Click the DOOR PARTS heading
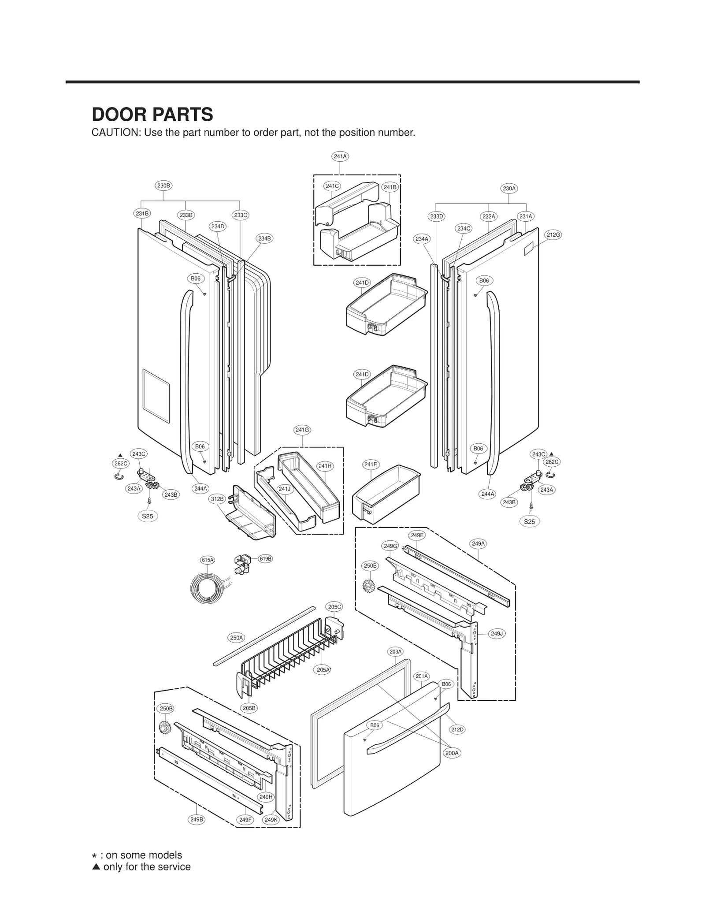152,115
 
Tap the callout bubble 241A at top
340,156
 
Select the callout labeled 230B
163,186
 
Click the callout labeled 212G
553,235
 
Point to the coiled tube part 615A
207,588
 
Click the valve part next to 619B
242,565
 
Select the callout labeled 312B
217,499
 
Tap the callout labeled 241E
371,464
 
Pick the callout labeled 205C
334,607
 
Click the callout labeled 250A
236,637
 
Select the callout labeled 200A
452,753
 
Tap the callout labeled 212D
457,729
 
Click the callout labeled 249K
271,820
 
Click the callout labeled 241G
302,430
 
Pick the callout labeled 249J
497,634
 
